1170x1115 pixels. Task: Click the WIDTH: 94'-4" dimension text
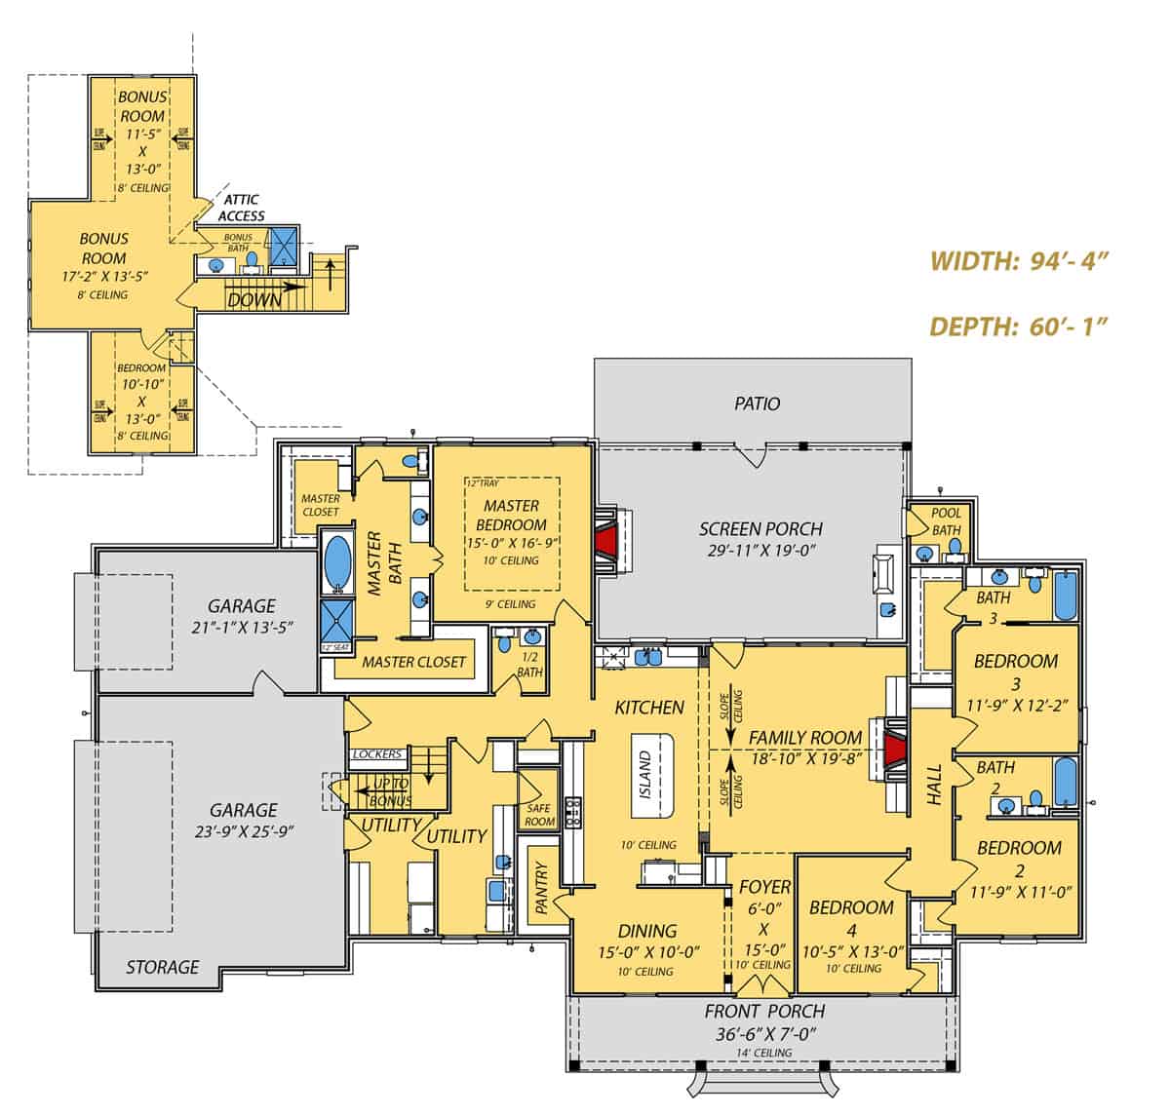click(x=1020, y=261)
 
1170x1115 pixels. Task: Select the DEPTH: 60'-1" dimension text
click(x=1020, y=326)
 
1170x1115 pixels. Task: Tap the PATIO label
click(x=757, y=404)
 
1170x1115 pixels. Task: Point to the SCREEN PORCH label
click(x=760, y=529)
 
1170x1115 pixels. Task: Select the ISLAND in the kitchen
click(x=645, y=775)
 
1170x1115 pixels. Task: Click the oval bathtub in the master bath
click(x=338, y=562)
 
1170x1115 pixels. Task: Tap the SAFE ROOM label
click(x=539, y=815)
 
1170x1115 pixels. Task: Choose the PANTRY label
click(x=542, y=889)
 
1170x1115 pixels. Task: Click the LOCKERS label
click(x=377, y=754)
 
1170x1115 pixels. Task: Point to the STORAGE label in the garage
click(x=162, y=967)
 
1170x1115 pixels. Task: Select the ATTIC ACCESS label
click(x=240, y=208)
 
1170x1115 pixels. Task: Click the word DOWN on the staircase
click(x=255, y=300)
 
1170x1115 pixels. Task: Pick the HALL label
click(x=933, y=785)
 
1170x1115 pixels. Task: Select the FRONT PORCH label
click(x=764, y=1011)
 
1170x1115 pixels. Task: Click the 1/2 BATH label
click(x=530, y=665)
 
